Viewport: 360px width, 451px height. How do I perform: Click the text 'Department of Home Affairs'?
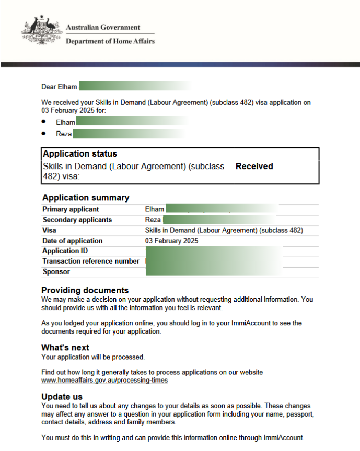pos(110,41)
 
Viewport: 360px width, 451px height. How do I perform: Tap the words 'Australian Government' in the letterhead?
pos(103,28)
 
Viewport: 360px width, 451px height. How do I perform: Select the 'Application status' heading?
pos(80,154)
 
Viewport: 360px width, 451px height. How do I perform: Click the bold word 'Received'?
pos(254,167)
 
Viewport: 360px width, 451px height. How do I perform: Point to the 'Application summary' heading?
pos(86,198)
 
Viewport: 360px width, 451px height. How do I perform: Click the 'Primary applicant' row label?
pos(71,209)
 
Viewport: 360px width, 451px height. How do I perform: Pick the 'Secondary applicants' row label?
pos(77,220)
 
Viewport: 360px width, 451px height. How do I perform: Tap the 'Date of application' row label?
pos(73,241)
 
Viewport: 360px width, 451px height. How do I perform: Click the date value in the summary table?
pos(171,241)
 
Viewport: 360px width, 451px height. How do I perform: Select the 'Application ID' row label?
pos(65,251)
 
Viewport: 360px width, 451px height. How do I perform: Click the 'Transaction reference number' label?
pos(91,261)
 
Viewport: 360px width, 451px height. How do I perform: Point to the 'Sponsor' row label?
pos(56,271)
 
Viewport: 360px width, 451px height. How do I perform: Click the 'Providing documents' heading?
pos(85,290)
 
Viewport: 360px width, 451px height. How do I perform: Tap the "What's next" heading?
pos(65,348)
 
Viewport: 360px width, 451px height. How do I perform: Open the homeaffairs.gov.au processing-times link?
pos(104,380)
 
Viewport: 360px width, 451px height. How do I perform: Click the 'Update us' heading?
pos(62,397)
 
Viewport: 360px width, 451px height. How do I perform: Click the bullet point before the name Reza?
pos(44,134)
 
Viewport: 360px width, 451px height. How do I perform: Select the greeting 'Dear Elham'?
pos(59,87)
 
